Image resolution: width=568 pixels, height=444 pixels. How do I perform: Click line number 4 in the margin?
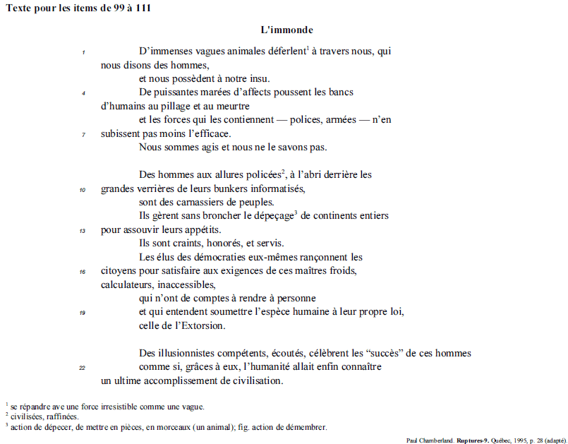[84, 92]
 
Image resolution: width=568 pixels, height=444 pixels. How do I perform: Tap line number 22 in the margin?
[83, 368]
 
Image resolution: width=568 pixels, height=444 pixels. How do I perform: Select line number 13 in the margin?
[83, 230]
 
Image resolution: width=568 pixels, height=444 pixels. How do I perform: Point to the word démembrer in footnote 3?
[307, 427]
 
